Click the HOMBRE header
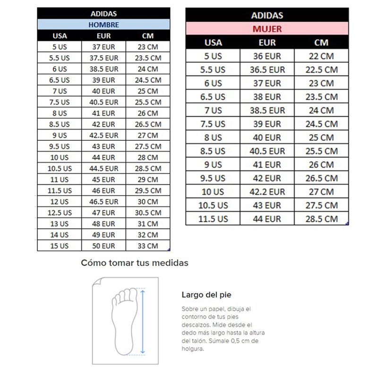click(x=103, y=25)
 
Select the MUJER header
click(x=267, y=29)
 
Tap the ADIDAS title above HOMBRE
click(x=103, y=14)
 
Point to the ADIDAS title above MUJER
click(x=267, y=16)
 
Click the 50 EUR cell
click(x=103, y=246)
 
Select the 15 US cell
click(x=60, y=246)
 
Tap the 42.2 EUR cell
click(x=267, y=192)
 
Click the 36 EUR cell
click(x=267, y=56)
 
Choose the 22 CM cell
click(x=321, y=56)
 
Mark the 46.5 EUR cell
click(x=103, y=201)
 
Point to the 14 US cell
click(x=60, y=235)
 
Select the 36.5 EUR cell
click(x=267, y=69)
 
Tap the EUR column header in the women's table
click(x=267, y=43)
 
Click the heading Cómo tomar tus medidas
click(x=135, y=263)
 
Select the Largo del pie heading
click(x=206, y=295)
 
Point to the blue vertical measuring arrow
click(x=143, y=321)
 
